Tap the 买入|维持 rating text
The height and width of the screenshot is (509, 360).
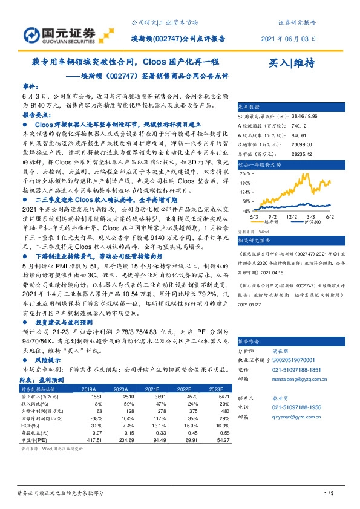(x=291, y=63)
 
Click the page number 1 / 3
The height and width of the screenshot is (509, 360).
(x=330, y=494)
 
